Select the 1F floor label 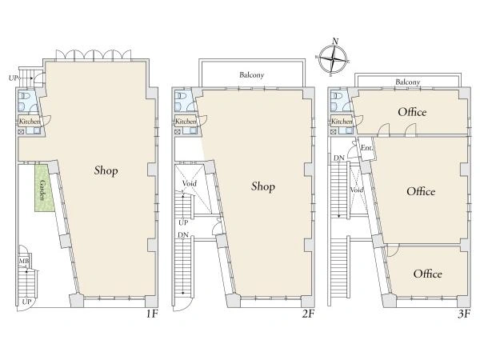tap(151, 314)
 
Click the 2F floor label tap(308, 314)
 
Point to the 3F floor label tap(464, 314)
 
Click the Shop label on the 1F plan tap(106, 170)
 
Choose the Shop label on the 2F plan tap(263, 186)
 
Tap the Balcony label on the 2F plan tap(252, 75)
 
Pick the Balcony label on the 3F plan tap(408, 82)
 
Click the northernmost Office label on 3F tap(412, 112)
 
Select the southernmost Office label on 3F tap(427, 274)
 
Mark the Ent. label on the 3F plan tap(366, 147)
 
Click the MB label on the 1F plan tap(24, 262)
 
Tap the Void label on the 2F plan tap(189, 184)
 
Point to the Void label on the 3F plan tap(357, 190)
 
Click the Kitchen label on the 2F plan tap(186, 122)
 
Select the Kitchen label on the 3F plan tap(342, 122)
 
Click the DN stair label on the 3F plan tap(339, 158)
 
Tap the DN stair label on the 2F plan tap(183, 235)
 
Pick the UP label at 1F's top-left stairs tap(13, 78)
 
